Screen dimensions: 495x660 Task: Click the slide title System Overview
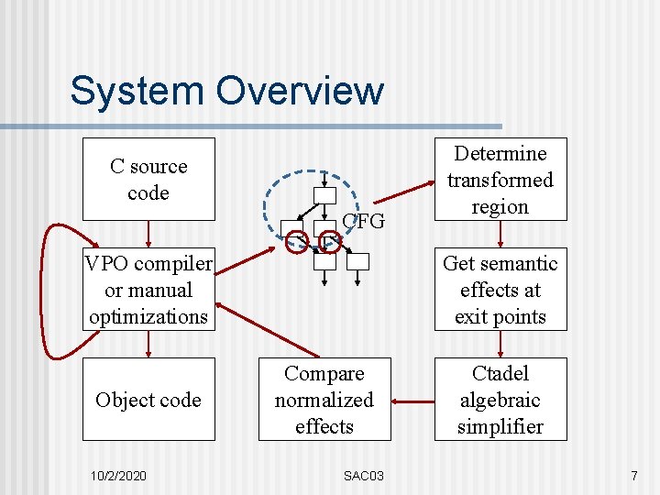coord(226,92)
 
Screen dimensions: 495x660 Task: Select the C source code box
coord(148,180)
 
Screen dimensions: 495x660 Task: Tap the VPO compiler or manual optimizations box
coord(148,290)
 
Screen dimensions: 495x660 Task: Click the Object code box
coord(148,400)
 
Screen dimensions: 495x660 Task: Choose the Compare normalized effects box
coord(324,400)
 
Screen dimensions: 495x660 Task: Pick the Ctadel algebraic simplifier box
coord(500,400)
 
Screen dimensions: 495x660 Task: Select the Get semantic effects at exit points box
coord(500,290)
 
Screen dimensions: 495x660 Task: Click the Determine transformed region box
coord(500,180)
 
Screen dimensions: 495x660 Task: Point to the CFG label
coord(363,221)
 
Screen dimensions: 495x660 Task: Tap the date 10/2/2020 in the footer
coord(120,476)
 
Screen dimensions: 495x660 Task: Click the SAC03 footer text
coord(364,476)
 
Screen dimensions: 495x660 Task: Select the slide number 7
coord(633,476)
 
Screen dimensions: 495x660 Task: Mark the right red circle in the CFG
coord(330,242)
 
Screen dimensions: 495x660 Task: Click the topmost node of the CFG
coord(324,194)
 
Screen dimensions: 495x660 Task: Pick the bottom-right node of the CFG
coord(358,261)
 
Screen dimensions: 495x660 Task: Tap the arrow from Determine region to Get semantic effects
coord(500,235)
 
